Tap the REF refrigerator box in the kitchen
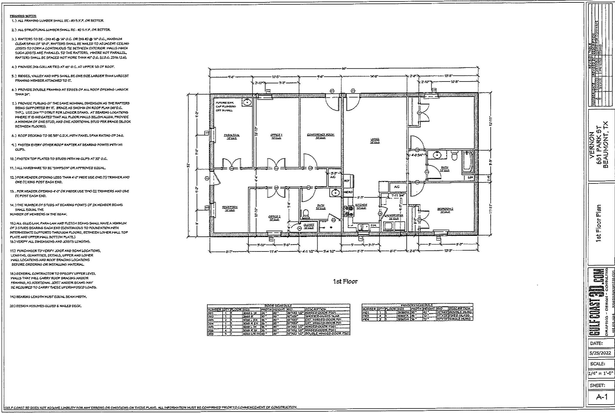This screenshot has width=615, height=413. [347, 181]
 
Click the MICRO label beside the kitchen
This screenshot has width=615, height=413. [348, 192]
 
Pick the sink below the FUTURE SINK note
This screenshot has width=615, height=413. [247, 102]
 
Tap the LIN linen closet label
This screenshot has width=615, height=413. [470, 177]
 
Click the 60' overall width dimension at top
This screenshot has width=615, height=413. [344, 68]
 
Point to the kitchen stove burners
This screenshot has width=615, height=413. [349, 211]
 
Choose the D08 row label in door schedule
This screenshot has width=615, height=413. [211, 334]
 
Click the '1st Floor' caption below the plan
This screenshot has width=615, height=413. [345, 282]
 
